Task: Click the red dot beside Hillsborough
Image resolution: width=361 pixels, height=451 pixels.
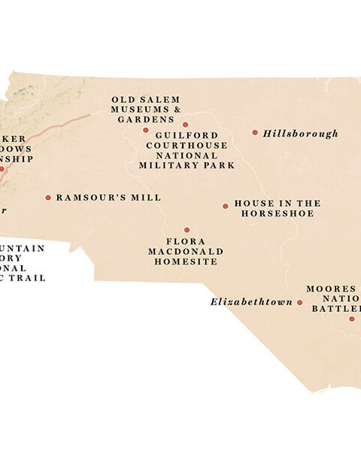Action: pyautogui.click(x=255, y=132)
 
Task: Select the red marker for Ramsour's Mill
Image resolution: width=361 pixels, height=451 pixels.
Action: pyautogui.click(x=48, y=198)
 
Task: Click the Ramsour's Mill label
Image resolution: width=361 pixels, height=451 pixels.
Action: pyautogui.click(x=108, y=198)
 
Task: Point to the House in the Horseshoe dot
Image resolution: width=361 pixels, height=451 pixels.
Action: pyautogui.click(x=225, y=206)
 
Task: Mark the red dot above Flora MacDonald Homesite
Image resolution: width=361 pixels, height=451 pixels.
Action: pyautogui.click(x=187, y=230)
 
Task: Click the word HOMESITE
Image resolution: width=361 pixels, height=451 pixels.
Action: pyautogui.click(x=186, y=262)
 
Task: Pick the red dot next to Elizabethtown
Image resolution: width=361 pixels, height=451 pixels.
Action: pyautogui.click(x=299, y=303)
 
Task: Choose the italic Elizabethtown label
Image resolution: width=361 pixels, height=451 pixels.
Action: pyautogui.click(x=251, y=302)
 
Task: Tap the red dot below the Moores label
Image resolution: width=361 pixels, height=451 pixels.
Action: pyautogui.click(x=351, y=319)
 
